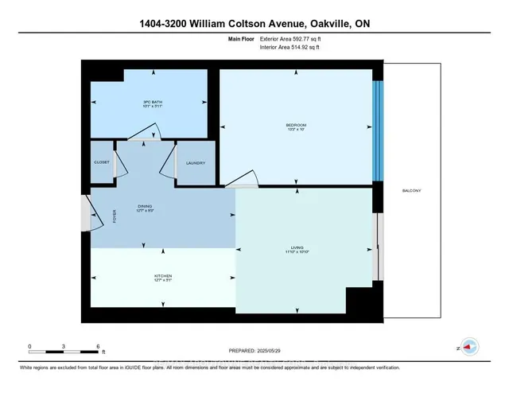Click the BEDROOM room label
coord(296,126)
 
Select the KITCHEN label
coord(163,276)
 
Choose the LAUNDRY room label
coord(196,163)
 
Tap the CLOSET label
coord(101,163)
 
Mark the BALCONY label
coord(411,191)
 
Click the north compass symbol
coord(469,348)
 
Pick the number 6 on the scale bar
coord(98,347)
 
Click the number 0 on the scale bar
coord(29,347)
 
